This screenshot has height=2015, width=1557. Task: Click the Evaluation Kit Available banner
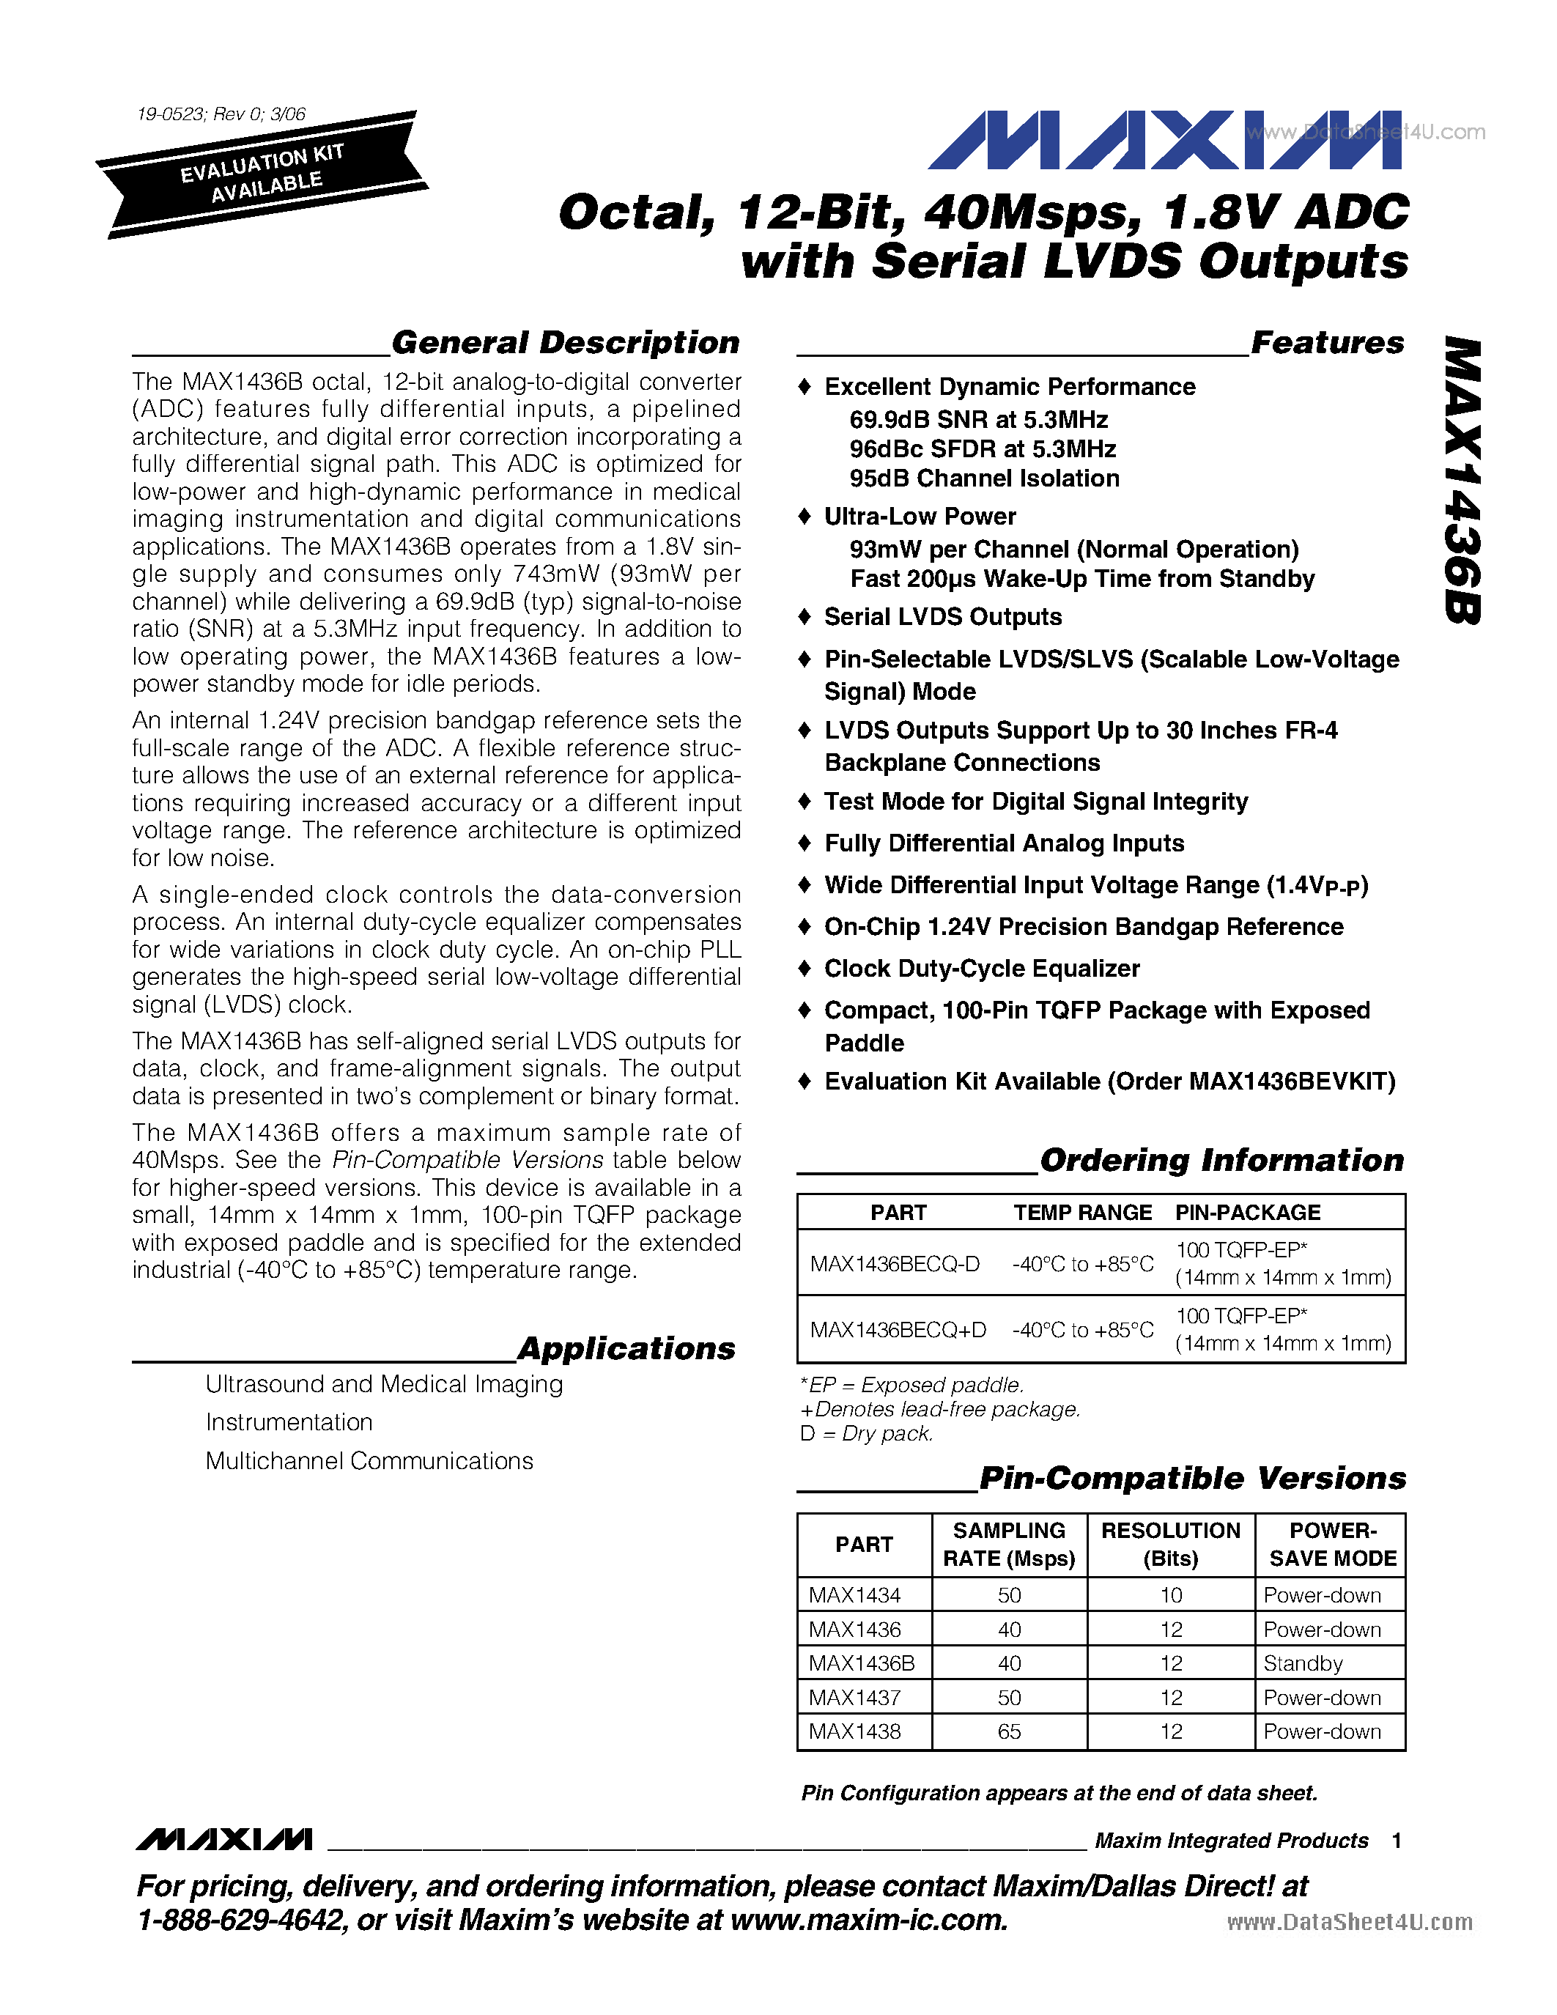262,174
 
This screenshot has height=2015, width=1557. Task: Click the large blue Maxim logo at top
1164,140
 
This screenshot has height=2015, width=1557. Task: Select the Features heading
1326,342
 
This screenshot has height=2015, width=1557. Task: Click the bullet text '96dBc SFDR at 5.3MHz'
983,449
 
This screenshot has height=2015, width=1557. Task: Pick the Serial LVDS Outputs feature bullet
943,616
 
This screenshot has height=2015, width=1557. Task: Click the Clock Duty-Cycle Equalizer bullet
981,968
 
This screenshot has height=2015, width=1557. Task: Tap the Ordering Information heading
1221,1160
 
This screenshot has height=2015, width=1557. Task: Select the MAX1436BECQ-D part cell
895,1263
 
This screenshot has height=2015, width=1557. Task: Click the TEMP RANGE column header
1082,1213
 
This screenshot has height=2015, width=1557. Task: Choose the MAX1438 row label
854,1731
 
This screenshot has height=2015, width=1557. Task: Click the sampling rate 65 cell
1009,1731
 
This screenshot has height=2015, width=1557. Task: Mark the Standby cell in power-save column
1303,1663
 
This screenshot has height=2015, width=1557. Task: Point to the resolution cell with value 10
1171,1595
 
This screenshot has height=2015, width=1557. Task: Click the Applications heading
626,1348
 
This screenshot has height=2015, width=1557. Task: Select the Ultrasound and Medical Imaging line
384,1384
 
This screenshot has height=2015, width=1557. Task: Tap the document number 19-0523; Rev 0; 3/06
221,114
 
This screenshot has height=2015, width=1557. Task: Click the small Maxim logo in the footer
224,1840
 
